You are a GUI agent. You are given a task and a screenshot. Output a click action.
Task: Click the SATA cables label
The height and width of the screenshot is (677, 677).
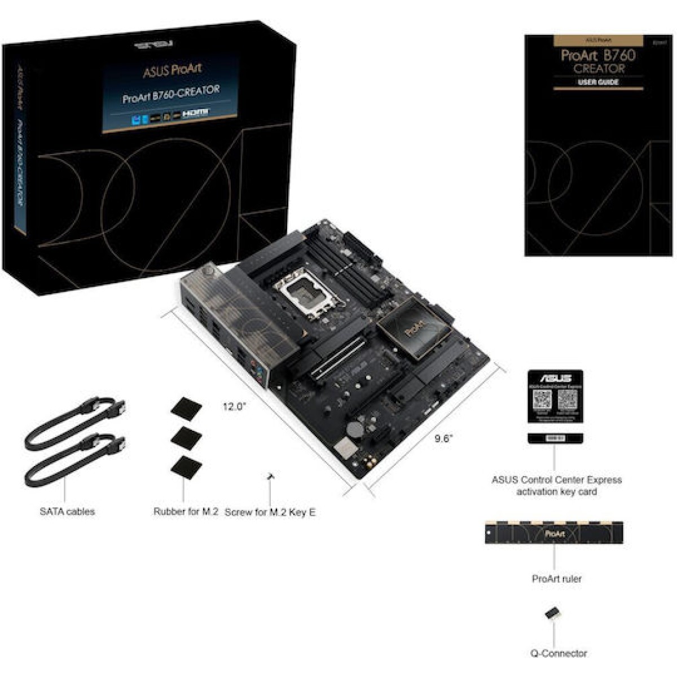pos(67,512)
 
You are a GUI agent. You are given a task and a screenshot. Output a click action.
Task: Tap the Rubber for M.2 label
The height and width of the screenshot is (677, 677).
pos(186,512)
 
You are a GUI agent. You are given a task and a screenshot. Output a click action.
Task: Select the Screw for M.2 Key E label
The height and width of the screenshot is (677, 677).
pos(270,512)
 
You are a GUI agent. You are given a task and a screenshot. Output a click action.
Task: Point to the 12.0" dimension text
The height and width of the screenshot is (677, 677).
pos(234,406)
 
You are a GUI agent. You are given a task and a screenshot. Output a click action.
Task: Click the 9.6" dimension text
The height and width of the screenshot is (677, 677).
pos(444,438)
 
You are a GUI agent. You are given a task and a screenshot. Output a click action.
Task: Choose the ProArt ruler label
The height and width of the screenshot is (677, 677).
pos(556,579)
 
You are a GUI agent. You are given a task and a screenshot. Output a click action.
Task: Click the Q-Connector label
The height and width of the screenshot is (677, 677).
pos(559,653)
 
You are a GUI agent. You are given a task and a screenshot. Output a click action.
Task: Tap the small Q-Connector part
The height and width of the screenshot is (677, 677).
pos(552,614)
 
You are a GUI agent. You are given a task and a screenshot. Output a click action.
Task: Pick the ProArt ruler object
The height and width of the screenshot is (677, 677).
pos(554,533)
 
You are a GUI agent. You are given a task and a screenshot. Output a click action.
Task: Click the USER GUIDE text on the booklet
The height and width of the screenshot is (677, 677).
pos(598,82)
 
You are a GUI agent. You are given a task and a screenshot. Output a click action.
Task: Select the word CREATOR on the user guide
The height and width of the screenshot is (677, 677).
pos(599,69)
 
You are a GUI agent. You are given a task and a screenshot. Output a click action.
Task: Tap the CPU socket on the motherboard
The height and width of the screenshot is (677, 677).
pos(298,295)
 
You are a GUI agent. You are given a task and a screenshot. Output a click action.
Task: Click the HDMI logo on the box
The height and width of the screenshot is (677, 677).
pos(195,113)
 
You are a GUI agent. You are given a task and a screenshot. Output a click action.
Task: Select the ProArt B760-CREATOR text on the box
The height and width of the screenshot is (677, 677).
pos(171,94)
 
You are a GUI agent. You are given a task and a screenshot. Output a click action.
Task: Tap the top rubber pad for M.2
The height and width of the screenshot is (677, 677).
pos(187,407)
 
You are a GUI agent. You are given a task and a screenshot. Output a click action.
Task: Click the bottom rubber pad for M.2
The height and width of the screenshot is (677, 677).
pos(186,468)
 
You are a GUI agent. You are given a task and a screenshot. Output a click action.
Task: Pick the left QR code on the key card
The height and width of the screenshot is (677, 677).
pos(542,399)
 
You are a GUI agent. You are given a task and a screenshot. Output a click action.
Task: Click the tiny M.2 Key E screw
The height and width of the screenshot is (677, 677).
pos(271,477)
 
